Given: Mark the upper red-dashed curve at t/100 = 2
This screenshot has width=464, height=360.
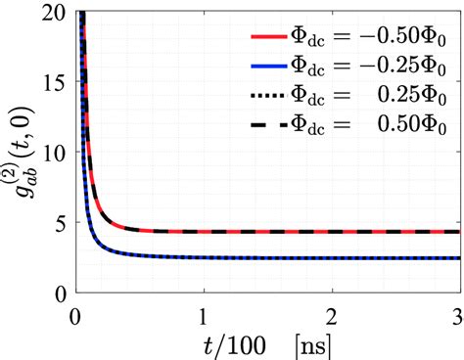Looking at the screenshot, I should (x=332, y=232).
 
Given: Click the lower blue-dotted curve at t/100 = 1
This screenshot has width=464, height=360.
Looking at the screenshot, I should (x=204, y=257).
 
